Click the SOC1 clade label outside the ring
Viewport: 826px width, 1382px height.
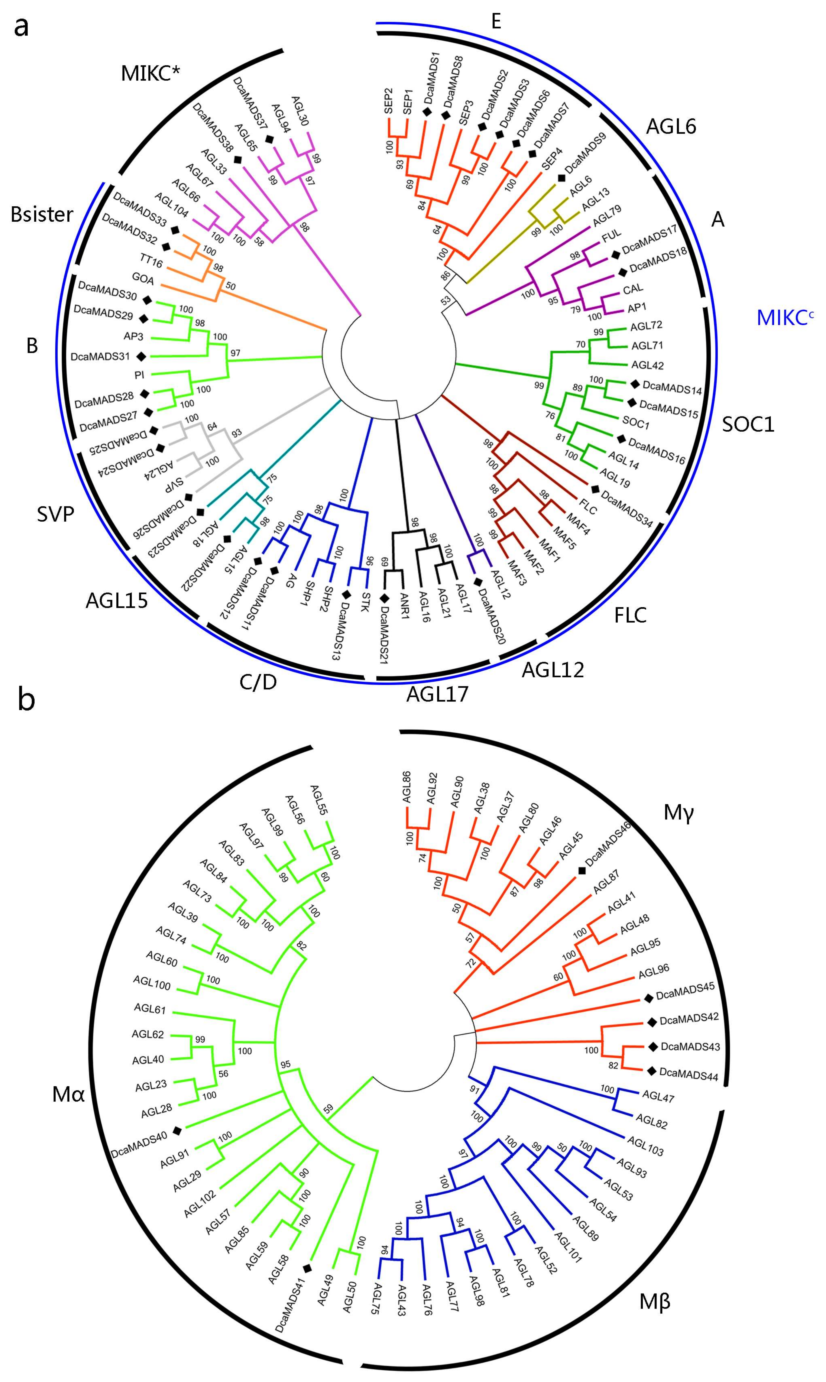point(748,425)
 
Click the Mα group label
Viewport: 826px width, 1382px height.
point(69,1095)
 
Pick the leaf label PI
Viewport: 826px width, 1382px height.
point(139,375)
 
